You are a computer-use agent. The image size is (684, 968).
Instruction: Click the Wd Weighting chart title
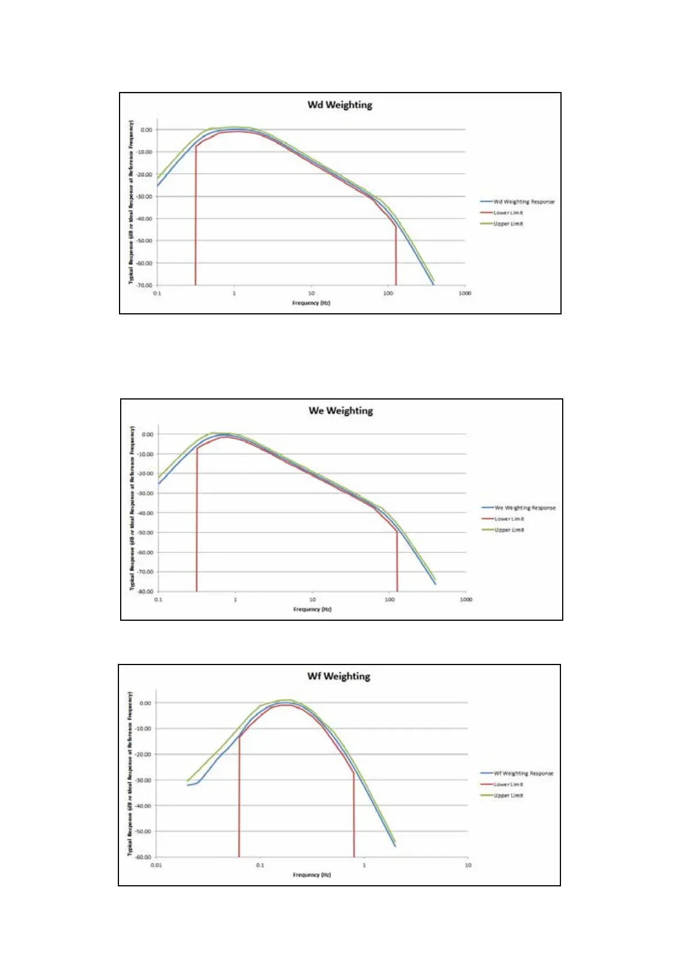[340, 105]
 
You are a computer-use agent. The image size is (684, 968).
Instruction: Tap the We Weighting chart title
[341, 411]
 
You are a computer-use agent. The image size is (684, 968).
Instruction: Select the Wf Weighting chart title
[339, 677]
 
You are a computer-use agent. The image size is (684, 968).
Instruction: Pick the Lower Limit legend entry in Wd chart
[508, 213]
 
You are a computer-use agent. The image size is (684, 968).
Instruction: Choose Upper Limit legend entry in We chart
[509, 530]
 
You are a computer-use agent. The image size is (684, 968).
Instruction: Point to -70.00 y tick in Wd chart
[145, 285]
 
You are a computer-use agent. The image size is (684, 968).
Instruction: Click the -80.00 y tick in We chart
[146, 591]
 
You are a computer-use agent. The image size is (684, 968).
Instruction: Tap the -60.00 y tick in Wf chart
[144, 857]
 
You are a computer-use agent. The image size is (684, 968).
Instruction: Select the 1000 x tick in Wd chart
[464, 293]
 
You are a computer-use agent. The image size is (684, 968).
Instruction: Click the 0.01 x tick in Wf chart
[156, 865]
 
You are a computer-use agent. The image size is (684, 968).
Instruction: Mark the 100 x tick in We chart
[390, 600]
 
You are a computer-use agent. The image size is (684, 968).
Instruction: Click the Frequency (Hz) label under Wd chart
[311, 303]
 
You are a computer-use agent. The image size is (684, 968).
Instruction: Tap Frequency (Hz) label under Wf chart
[312, 875]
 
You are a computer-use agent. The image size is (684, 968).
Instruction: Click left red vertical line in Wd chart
[195, 230]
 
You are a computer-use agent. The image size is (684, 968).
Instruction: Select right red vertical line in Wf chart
[354, 816]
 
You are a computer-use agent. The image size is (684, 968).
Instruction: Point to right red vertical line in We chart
[397, 563]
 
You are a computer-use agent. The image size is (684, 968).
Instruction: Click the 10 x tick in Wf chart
[468, 865]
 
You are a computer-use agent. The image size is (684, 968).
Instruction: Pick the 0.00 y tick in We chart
[148, 435]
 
